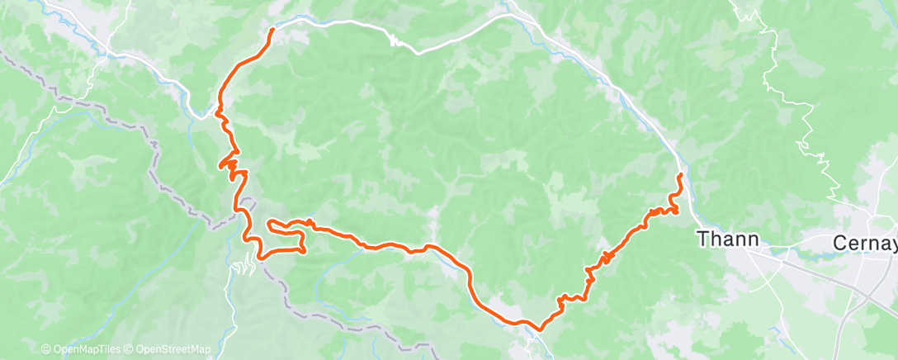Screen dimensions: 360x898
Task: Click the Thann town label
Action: [x=728, y=239]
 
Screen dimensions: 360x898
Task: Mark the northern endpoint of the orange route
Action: [x=273, y=31]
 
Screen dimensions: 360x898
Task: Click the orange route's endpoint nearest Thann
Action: [x=679, y=176]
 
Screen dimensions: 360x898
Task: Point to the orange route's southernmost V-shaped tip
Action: [x=540, y=329]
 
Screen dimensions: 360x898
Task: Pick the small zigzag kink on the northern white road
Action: [x=395, y=39]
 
